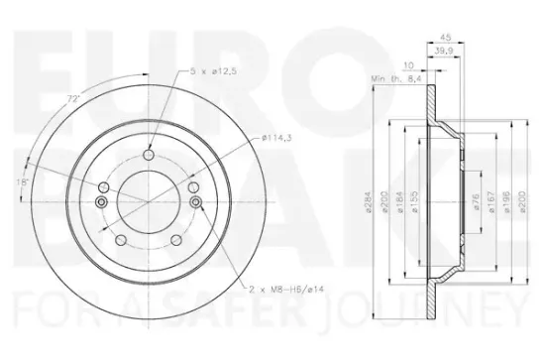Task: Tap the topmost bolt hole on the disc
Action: click(149, 154)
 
